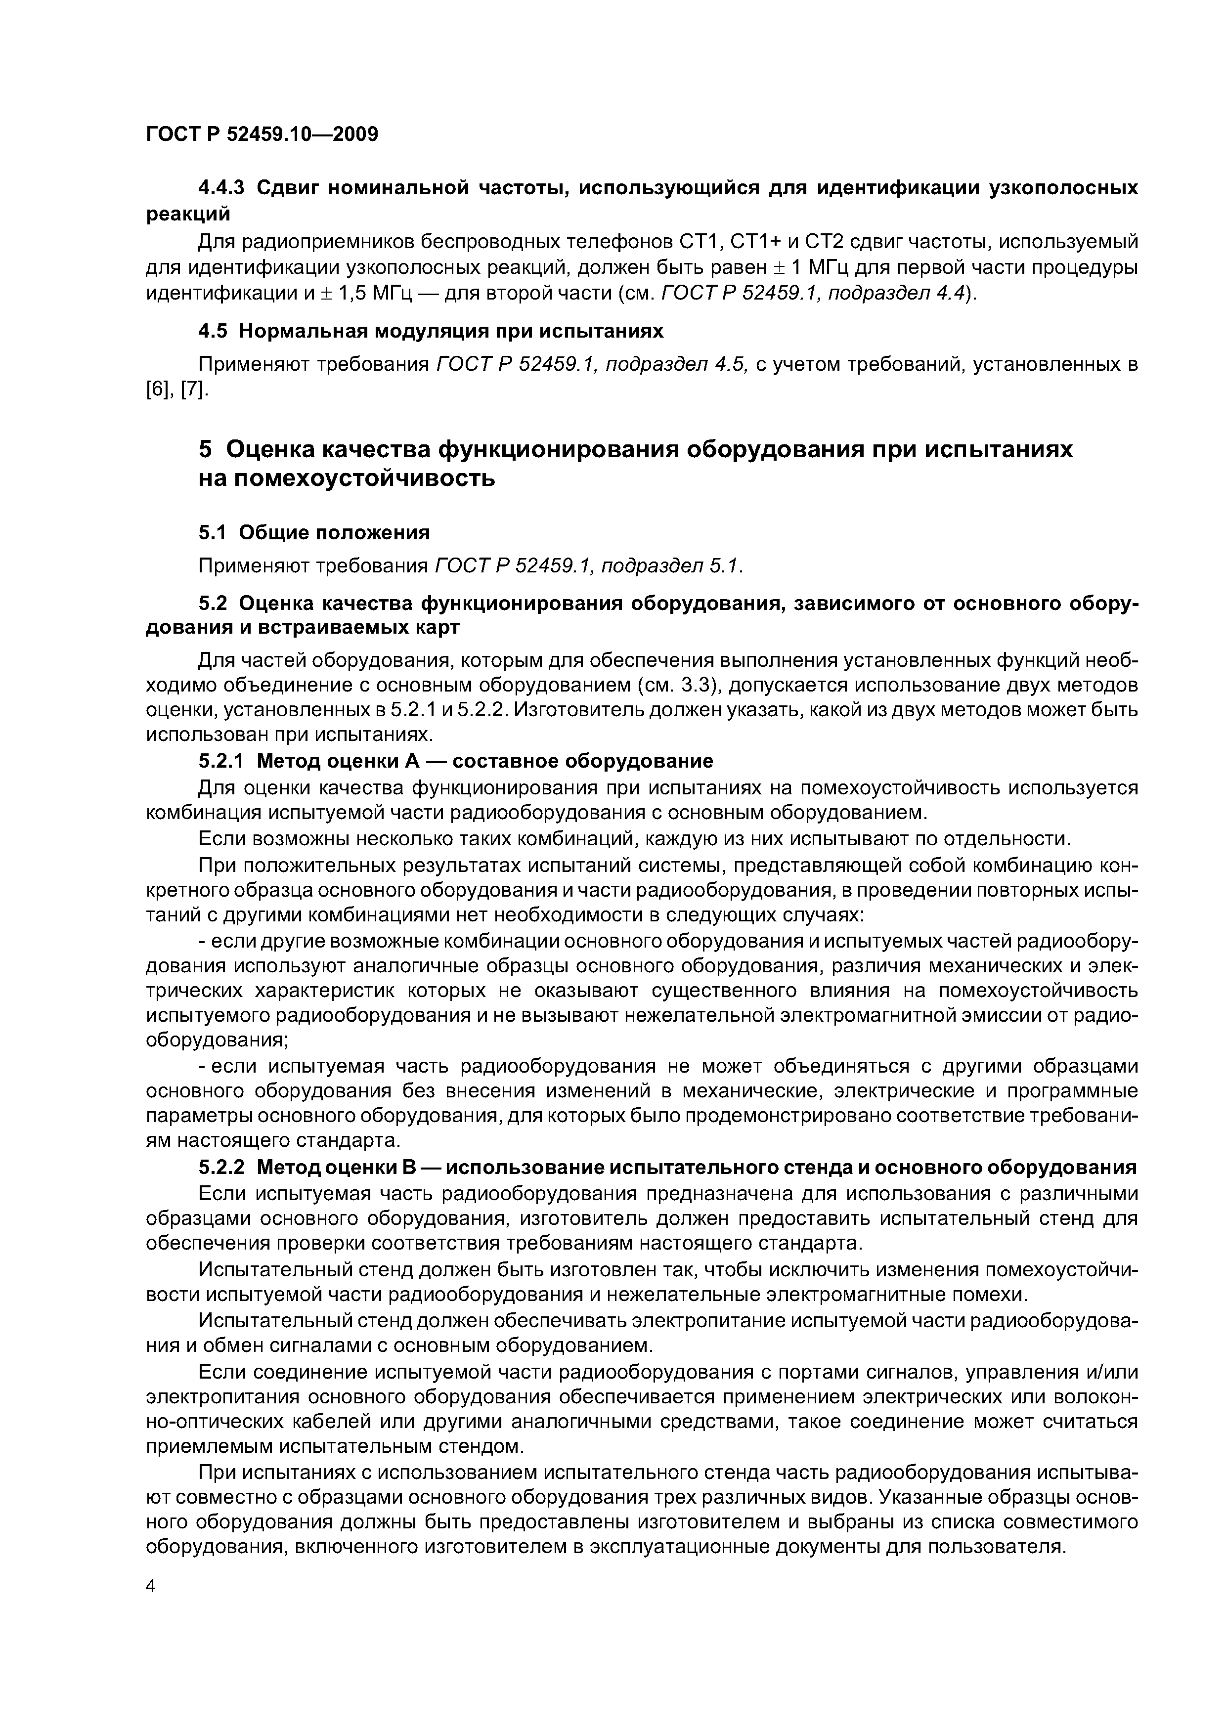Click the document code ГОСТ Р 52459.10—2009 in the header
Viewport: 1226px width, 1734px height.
pyautogui.click(x=262, y=134)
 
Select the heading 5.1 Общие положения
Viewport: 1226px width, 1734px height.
pyautogui.click(x=313, y=532)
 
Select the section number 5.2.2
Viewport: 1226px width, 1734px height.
pyautogui.click(x=221, y=1167)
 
